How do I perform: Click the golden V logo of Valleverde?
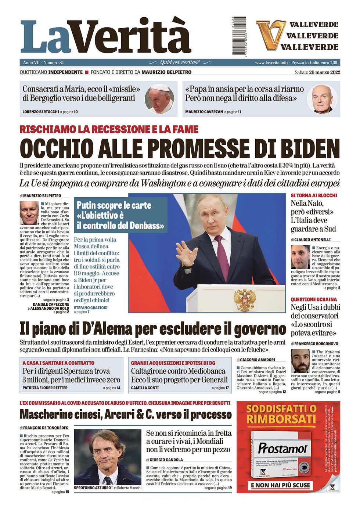pyautogui.click(x=271, y=35)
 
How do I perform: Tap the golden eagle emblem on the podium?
pyautogui.click(x=245, y=299)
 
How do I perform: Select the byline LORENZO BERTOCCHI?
pyautogui.click(x=40, y=112)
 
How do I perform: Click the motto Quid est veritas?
pyautogui.click(x=180, y=62)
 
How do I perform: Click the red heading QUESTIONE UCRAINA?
pyautogui.click(x=314, y=299)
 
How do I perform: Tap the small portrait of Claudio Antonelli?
pyautogui.click(x=300, y=257)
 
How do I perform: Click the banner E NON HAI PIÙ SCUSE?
pyautogui.click(x=281, y=485)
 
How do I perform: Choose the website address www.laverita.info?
pyautogui.click(x=271, y=62)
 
